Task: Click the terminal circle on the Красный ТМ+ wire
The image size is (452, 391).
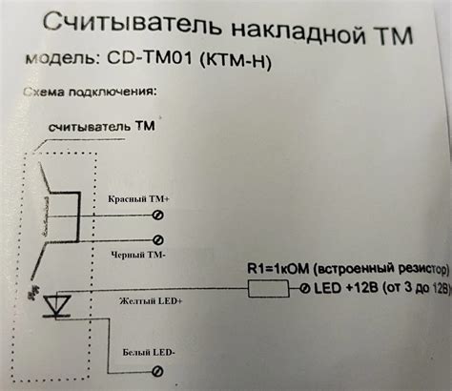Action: [x=158, y=216]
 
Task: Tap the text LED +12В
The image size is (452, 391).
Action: [x=344, y=288]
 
